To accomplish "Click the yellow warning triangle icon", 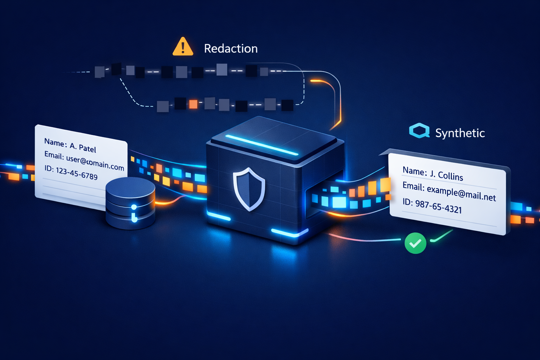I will pos(183,47).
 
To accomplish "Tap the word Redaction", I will pos(231,49).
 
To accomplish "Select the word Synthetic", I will pos(460,133).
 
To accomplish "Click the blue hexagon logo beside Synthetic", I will pos(419,131).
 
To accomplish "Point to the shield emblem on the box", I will pos(249,189).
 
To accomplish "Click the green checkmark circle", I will pos(415,243).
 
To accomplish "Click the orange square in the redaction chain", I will pos(193,104).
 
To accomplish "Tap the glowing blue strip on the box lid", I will pos(262,144).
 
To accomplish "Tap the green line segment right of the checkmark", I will pos(442,236).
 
